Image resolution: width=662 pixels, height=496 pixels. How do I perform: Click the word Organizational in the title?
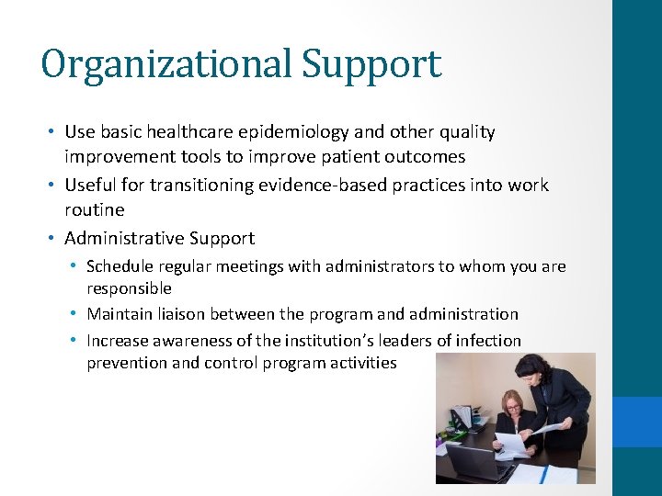click(166, 64)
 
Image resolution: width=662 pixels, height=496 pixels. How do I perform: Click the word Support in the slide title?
click(371, 64)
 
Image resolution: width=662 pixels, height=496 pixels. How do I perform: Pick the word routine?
click(94, 209)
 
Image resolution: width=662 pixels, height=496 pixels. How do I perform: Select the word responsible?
click(129, 288)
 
